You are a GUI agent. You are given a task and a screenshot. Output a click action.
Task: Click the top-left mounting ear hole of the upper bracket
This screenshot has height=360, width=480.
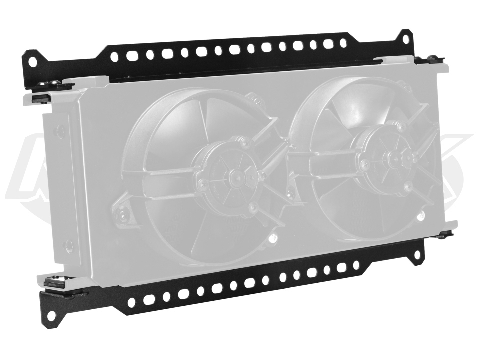pyautogui.click(x=32, y=62)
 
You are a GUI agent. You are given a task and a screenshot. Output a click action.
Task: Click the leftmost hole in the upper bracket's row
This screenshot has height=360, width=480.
pyautogui.click(x=114, y=57)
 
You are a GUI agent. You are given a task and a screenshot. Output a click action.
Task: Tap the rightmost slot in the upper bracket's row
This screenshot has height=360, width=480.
pyautogui.click(x=343, y=43)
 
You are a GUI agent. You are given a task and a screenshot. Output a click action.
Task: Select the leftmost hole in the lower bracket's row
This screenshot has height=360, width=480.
pyautogui.click(x=132, y=302)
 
